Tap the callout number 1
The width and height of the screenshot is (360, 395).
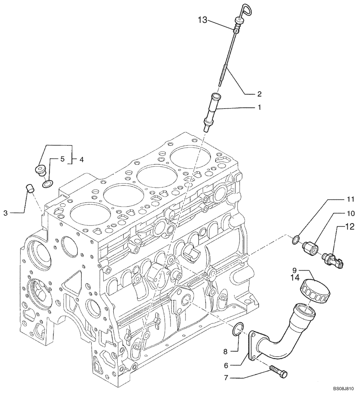point(259,107)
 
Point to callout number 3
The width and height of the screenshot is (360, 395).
point(6,213)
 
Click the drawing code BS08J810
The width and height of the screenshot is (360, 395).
point(343,388)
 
